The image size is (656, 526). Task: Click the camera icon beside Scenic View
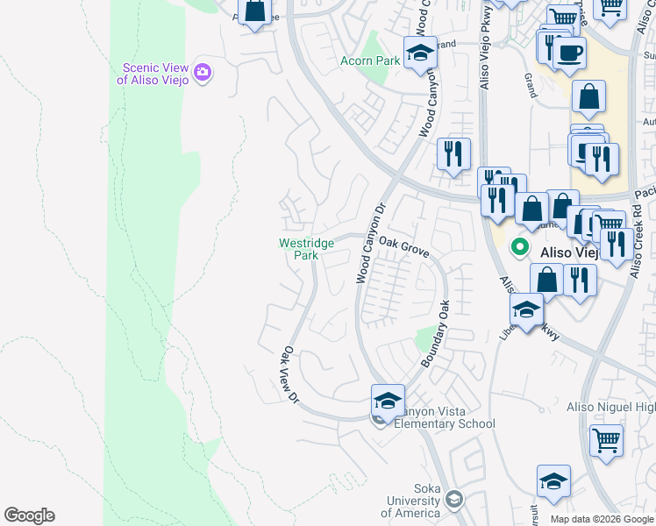coord(203,72)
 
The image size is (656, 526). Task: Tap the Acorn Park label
coord(370,60)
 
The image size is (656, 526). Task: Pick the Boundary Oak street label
coord(436,333)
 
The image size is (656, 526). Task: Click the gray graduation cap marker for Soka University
coord(453,500)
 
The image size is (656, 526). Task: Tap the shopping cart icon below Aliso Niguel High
coord(606,440)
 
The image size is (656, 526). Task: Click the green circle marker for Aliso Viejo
coord(519,248)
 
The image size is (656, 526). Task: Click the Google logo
coord(29,515)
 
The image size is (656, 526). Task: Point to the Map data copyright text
coord(602,519)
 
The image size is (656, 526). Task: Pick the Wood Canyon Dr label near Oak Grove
coord(369,245)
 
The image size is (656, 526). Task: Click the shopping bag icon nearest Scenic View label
coord(254,12)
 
